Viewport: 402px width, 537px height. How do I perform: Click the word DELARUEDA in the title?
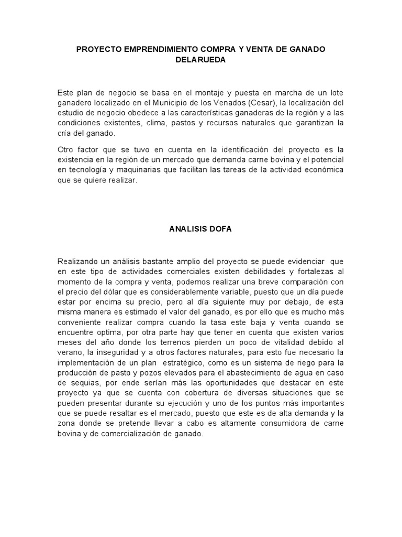[200, 60]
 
